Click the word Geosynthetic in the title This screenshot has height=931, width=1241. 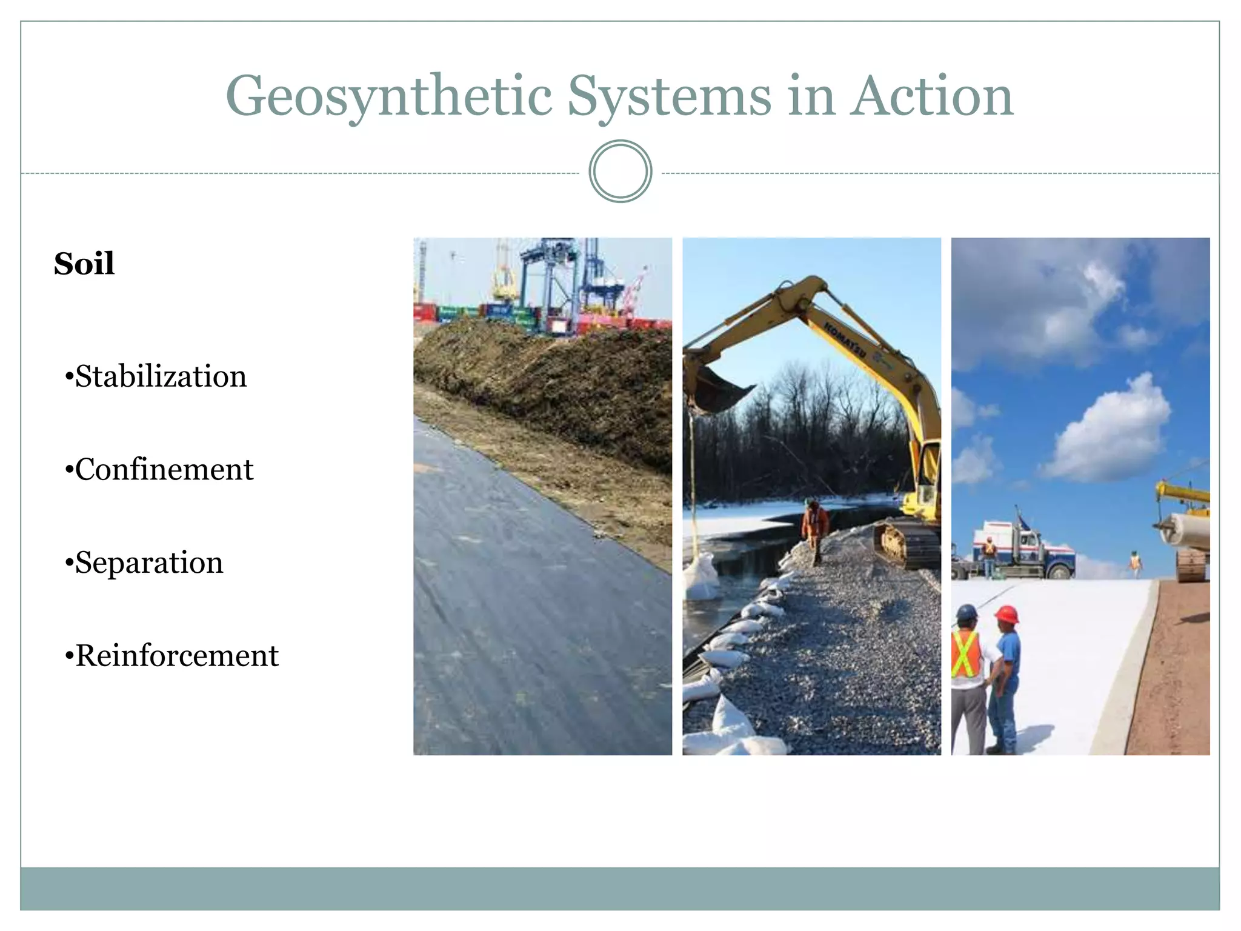pyautogui.click(x=388, y=97)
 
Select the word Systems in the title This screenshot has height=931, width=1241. pyautogui.click(x=669, y=97)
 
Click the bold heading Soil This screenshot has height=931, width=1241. pyautogui.click(x=84, y=264)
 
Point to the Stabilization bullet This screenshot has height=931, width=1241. pyautogui.click(x=156, y=376)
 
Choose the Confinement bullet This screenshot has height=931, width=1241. pyautogui.click(x=159, y=470)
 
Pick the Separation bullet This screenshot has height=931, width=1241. pyautogui.click(x=145, y=562)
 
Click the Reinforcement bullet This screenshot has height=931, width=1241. pyautogui.click(x=172, y=656)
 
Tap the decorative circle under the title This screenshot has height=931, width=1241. pyautogui.click(x=620, y=172)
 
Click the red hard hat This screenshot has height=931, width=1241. pyautogui.click(x=1006, y=614)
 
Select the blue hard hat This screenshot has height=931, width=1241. pyautogui.click(x=967, y=612)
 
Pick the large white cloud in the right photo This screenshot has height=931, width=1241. pyautogui.click(x=1109, y=430)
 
